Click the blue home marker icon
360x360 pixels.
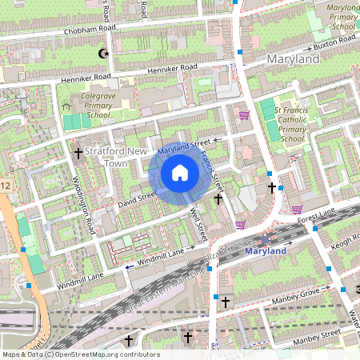[180, 173]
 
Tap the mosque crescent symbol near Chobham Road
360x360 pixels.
[102, 54]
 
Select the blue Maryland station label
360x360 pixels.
[266, 250]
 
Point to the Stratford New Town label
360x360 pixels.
[116, 156]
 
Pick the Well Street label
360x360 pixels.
[200, 223]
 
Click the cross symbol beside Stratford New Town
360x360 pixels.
[78, 151]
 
